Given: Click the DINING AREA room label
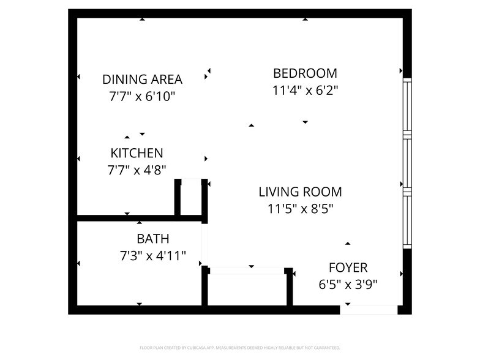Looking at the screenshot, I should (x=142, y=79).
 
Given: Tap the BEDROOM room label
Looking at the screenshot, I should (x=305, y=73).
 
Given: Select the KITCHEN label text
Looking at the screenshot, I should (x=137, y=153).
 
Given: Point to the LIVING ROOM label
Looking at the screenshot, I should (x=300, y=192).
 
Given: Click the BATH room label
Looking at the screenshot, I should (x=153, y=239).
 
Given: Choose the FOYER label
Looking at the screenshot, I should (x=348, y=268).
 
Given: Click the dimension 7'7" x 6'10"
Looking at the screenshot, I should (x=142, y=96).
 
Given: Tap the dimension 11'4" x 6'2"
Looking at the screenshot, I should (x=305, y=90).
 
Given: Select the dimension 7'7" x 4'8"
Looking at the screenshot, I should (x=137, y=170).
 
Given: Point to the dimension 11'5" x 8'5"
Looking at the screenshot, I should (x=300, y=208).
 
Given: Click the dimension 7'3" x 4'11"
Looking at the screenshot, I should (x=153, y=255).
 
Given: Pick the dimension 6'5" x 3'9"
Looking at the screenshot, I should (x=348, y=284).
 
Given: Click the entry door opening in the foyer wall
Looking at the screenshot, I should (x=369, y=310).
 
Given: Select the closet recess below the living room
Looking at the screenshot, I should (x=248, y=288).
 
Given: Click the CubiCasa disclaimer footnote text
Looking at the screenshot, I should (x=239, y=347).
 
